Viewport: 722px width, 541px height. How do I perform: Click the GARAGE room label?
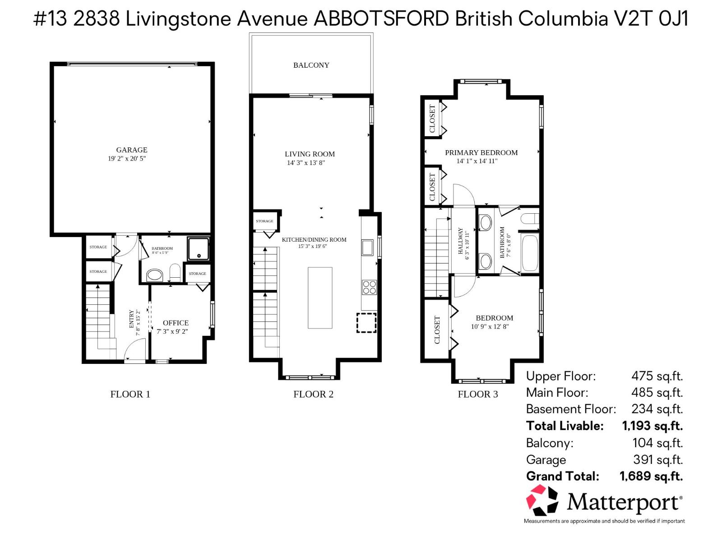[x=132, y=150]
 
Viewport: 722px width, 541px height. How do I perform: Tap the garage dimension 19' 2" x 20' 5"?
[x=127, y=159]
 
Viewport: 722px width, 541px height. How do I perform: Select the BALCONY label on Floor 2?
[x=311, y=65]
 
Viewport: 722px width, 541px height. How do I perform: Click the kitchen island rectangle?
[x=320, y=298]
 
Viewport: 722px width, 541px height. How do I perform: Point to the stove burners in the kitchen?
[x=369, y=287]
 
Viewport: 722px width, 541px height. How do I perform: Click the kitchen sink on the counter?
[x=367, y=248]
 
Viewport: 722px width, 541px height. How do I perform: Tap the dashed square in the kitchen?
[x=366, y=323]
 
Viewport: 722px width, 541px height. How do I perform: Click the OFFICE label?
[x=176, y=323]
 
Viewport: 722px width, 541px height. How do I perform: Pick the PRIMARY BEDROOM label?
[x=481, y=152]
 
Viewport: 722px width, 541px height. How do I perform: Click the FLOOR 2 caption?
[x=313, y=394]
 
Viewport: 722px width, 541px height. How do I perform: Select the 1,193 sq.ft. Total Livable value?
[x=652, y=426]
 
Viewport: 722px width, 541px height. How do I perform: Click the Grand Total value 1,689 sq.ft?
[x=651, y=476]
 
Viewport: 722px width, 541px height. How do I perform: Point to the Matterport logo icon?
[x=542, y=500]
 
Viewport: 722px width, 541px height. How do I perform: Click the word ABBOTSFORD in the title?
[x=381, y=19]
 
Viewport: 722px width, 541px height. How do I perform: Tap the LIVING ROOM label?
[x=310, y=154]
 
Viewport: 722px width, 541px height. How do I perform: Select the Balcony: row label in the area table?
[x=549, y=443]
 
